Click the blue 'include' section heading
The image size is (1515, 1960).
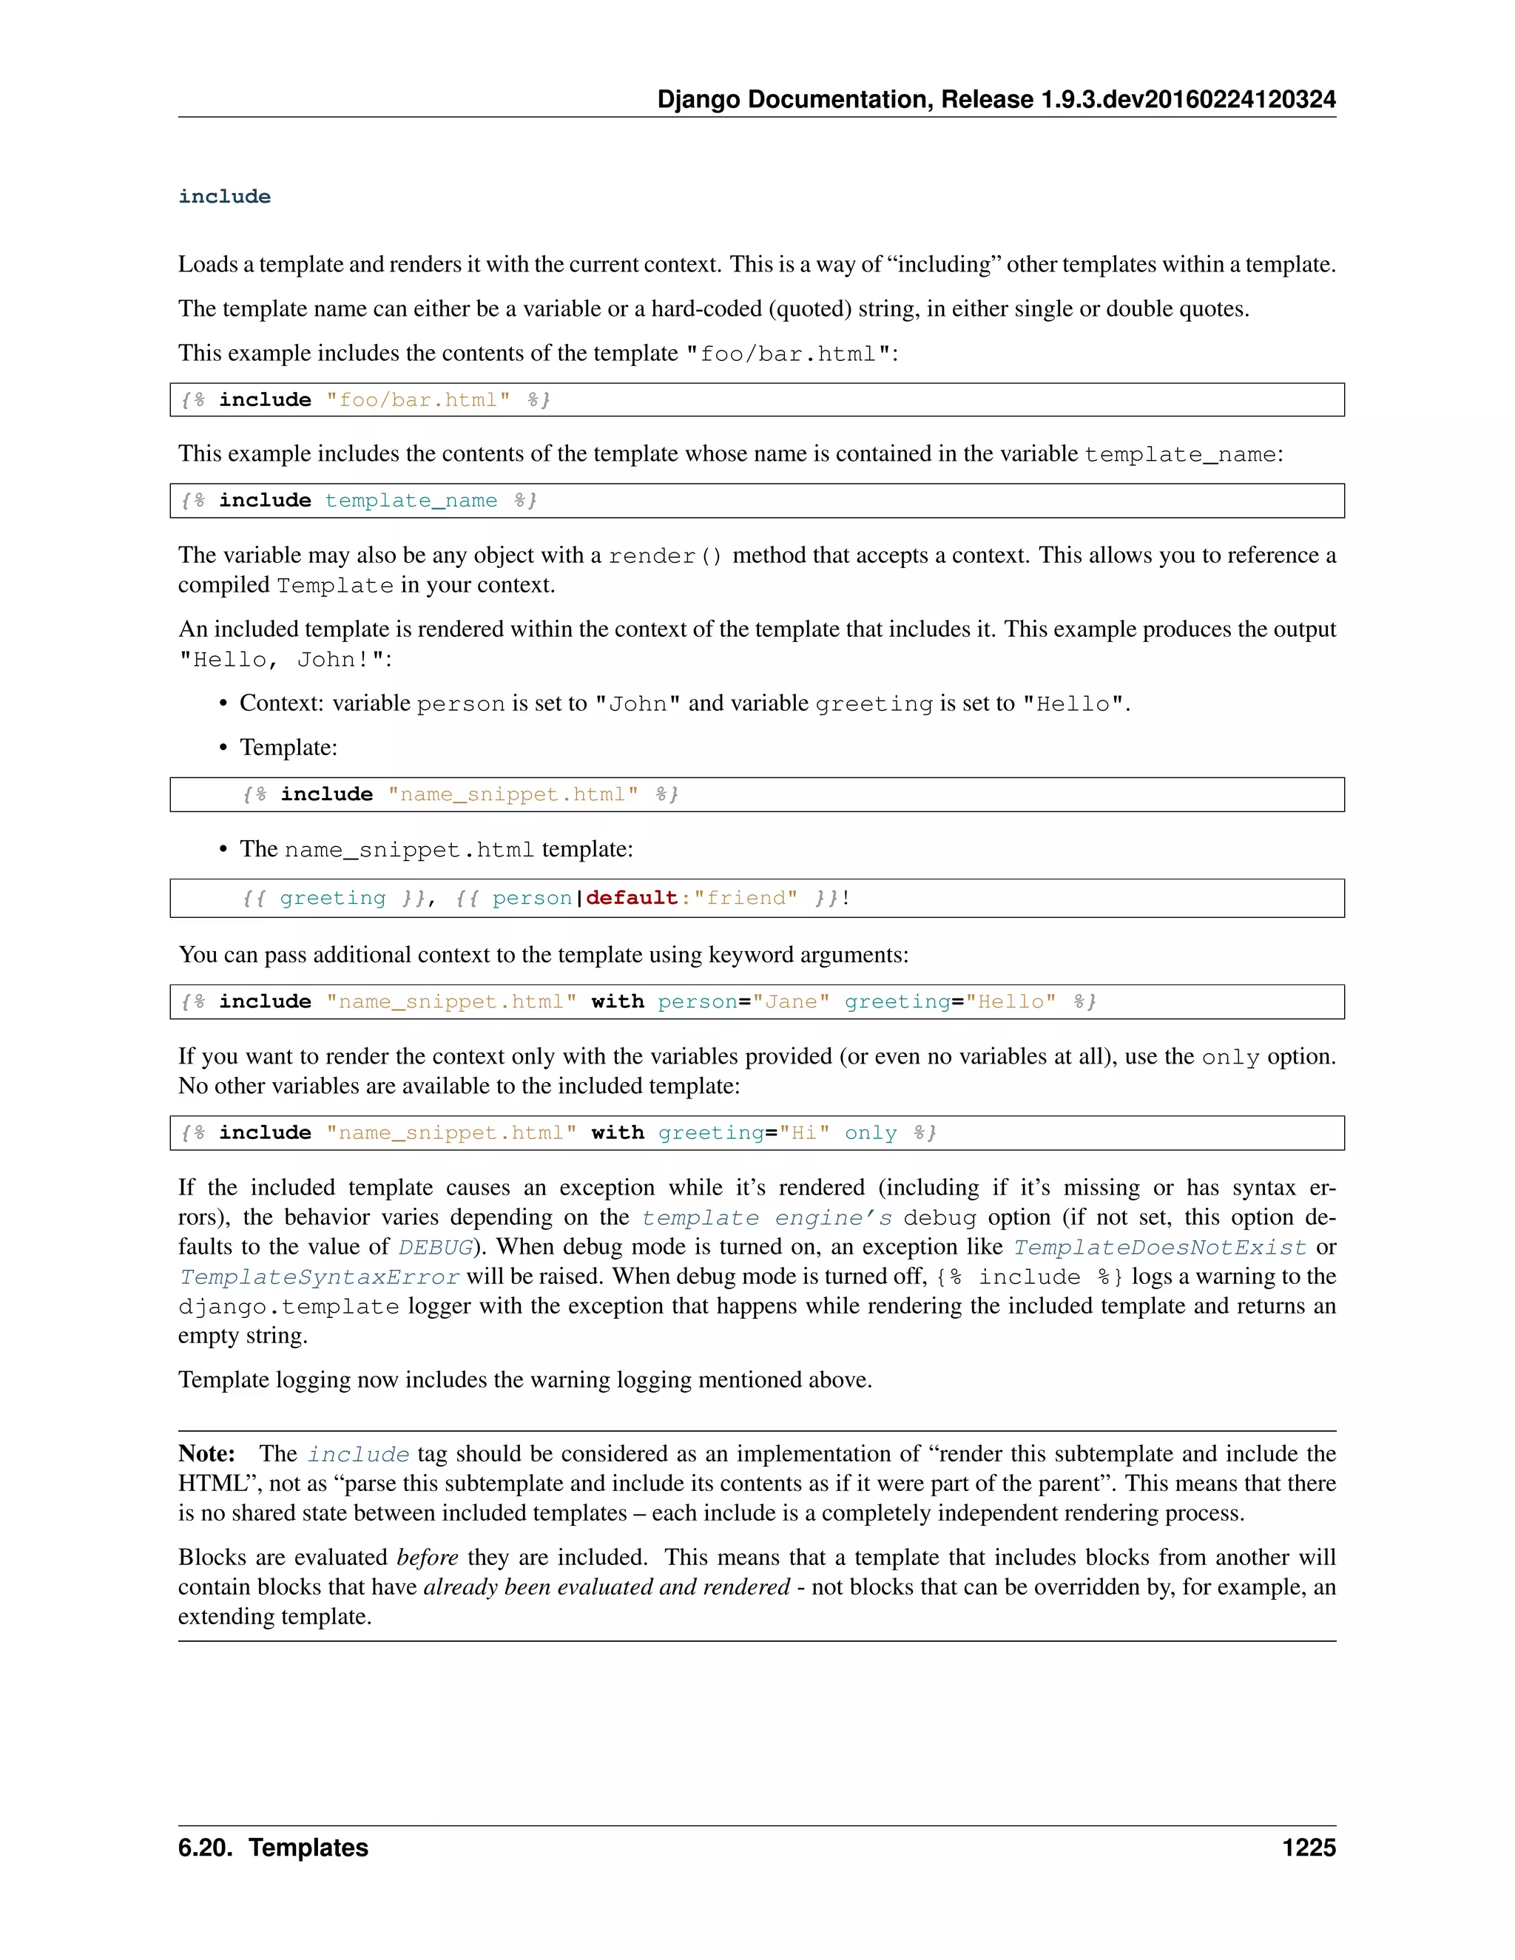coord(224,197)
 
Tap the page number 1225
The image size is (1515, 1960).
coord(1309,1848)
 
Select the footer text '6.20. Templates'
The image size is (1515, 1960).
coord(273,1848)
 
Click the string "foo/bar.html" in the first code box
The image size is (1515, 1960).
coord(418,400)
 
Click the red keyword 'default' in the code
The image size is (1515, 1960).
coord(632,899)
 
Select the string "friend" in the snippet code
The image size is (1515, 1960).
coord(746,899)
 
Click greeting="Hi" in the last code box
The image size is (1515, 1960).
coord(744,1133)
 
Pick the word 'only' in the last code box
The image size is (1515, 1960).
coord(871,1133)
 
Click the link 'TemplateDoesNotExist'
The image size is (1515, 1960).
coord(1160,1248)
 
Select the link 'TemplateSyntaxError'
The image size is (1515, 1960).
coord(319,1277)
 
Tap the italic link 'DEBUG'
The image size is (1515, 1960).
coord(435,1248)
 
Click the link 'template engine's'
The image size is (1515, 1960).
coord(766,1218)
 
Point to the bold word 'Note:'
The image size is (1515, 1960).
coord(206,1454)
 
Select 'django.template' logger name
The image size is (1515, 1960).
coord(288,1307)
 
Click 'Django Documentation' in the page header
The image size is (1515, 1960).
coord(794,100)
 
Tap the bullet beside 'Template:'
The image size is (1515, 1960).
coord(223,748)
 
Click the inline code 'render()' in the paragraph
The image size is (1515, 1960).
coord(665,556)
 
